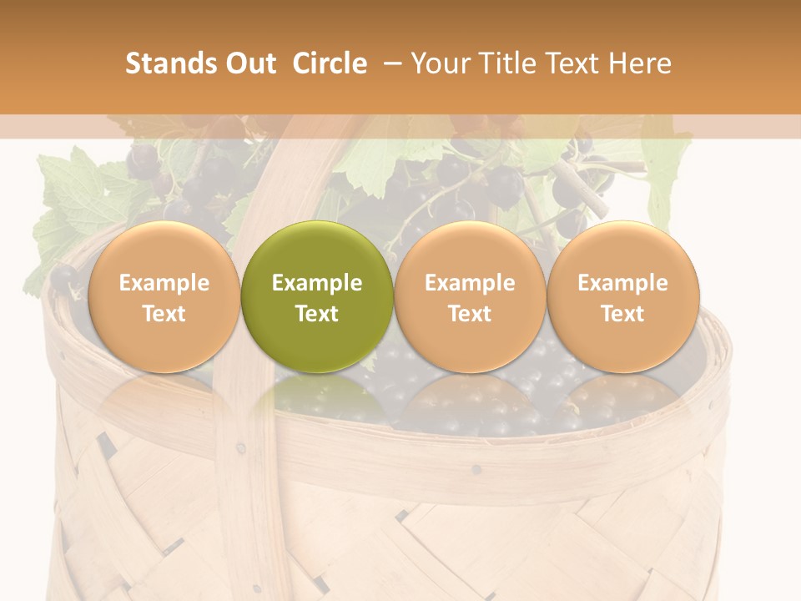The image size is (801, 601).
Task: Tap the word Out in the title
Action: pos(249,63)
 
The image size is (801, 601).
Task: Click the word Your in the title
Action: pos(441,63)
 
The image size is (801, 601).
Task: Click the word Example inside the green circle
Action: pos(317,283)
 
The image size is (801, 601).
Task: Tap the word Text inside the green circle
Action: pos(317,314)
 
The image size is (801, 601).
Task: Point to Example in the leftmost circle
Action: pos(164,283)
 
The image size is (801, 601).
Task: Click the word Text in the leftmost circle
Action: pos(164,314)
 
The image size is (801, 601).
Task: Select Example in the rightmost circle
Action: pos(622,283)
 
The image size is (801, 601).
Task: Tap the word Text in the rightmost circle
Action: pos(622,314)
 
